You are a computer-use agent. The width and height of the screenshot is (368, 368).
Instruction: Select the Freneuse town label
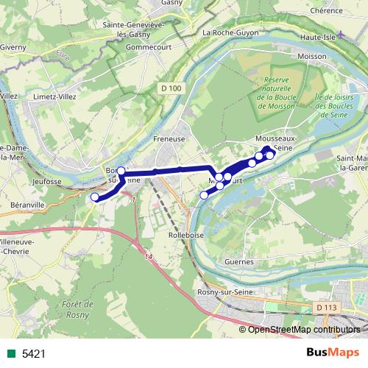pyautogui.click(x=169, y=138)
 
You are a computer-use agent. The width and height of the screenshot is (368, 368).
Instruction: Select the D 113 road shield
pyautogui.click(x=326, y=306)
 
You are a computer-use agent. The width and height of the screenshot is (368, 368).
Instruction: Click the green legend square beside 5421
pyautogui.click(x=10, y=353)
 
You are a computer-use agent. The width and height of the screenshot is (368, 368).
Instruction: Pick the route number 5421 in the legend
pyautogui.click(x=33, y=353)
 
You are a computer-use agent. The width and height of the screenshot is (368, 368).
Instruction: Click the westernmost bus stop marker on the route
pyautogui.click(x=94, y=197)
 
